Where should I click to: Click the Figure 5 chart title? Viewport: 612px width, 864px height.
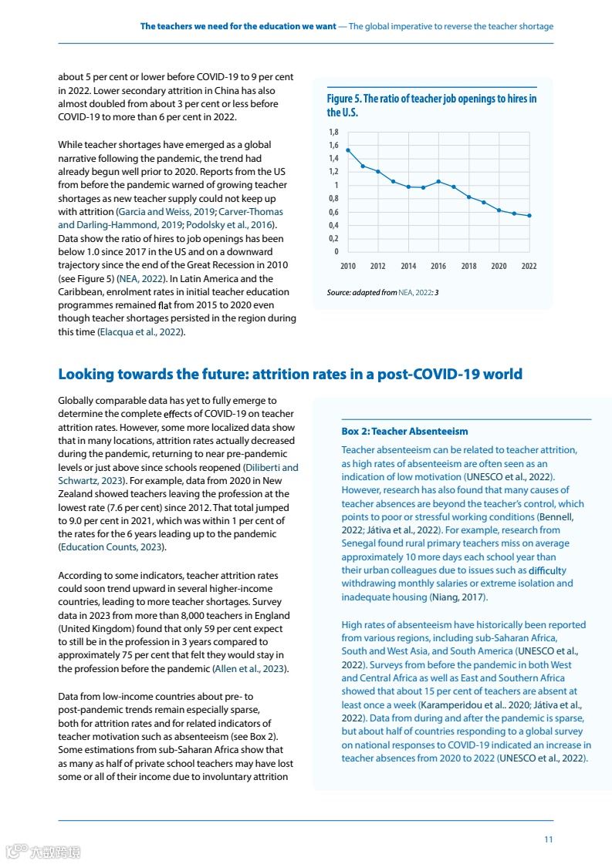pos(431,105)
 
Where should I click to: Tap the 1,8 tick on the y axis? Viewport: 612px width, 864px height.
pos(333,132)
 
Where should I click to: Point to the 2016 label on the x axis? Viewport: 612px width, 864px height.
pos(438,266)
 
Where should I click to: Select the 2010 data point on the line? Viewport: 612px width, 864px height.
pos(348,150)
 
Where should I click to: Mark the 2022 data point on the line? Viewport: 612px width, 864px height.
pos(529,216)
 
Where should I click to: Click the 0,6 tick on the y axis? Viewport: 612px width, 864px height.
pos(333,212)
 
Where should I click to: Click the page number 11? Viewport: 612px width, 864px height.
pos(548,839)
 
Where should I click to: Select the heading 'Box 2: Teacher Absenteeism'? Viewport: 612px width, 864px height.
pos(404,431)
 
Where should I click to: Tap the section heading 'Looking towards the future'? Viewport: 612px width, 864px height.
pos(290,374)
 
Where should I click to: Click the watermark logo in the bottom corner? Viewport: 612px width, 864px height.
pos(42,852)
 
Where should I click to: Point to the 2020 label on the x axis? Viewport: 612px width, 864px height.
pos(499,266)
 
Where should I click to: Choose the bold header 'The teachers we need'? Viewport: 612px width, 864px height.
pos(238,26)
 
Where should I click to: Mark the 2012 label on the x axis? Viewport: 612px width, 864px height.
pos(378,266)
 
